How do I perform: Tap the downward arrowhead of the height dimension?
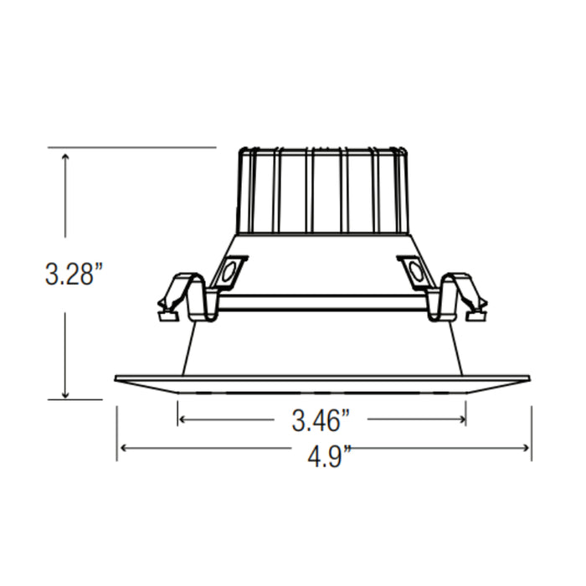(65, 394)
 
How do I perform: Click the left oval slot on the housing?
(227, 272)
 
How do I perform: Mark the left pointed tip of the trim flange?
(116, 378)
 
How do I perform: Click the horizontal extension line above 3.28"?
(134, 147)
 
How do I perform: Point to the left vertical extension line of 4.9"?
(116, 431)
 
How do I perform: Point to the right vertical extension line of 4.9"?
(531, 431)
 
